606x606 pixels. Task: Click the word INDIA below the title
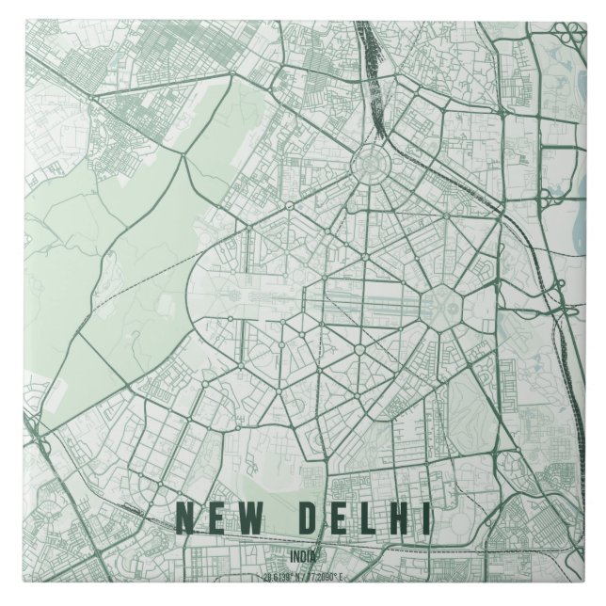pos(303,555)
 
